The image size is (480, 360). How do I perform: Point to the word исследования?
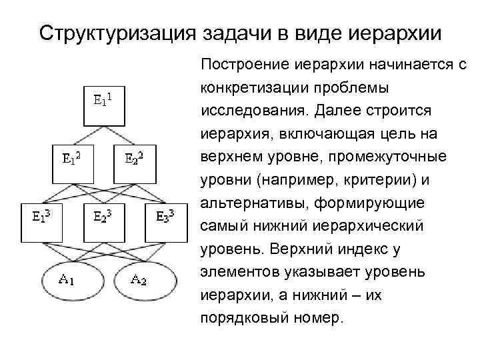pyautogui.click(x=245, y=110)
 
